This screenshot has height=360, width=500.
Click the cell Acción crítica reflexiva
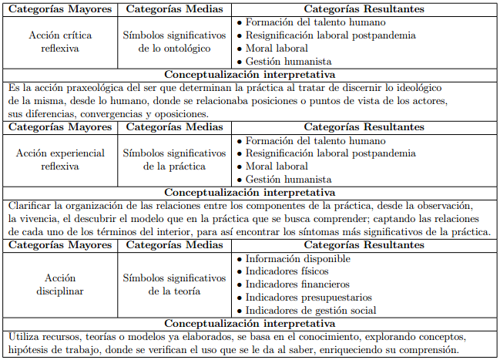(59, 42)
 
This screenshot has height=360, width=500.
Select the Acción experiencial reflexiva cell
(59, 160)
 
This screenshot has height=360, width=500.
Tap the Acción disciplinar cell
(59, 284)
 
